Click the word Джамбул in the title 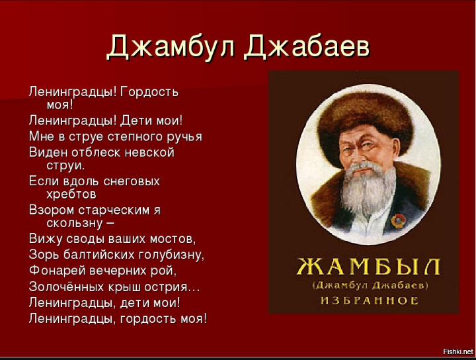coord(171,47)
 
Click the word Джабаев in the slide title coord(307,47)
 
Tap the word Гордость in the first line coord(149,92)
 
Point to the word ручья coord(184,138)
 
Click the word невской coord(149,152)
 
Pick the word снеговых coord(132,181)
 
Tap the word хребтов coord(71,195)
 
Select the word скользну coord(75,224)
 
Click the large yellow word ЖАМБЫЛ coord(368,267)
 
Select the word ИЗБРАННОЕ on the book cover coord(370,300)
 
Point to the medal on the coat coord(398,220)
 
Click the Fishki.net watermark coord(458,351)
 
